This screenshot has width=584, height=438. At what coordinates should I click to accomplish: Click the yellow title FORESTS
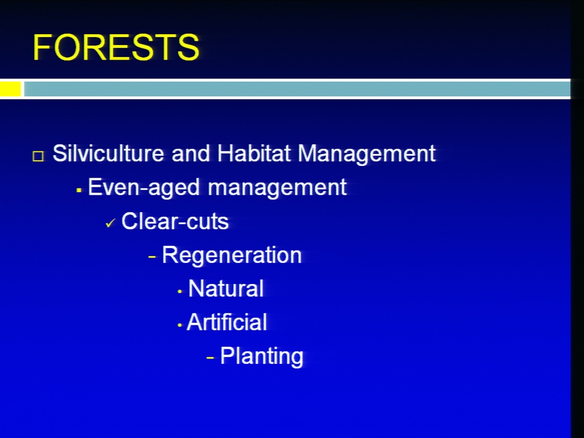pos(116,47)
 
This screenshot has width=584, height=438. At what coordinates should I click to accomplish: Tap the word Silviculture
pos(108,153)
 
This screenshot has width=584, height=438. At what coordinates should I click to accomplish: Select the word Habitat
pos(254,153)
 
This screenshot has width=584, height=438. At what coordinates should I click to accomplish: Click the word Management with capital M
pos(366,154)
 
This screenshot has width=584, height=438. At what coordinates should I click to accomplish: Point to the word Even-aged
pos(144,187)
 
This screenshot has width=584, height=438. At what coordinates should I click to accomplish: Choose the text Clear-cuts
pos(175,221)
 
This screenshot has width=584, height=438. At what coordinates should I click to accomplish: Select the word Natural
pos(226,288)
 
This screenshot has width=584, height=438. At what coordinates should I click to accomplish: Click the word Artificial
pos(227,322)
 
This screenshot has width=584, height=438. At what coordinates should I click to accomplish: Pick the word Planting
pos(262,356)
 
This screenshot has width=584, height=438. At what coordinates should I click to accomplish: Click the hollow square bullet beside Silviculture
pos(38,156)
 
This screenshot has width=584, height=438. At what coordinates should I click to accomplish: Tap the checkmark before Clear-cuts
pos(110,223)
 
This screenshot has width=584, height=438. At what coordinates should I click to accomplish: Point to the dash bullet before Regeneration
pos(152,257)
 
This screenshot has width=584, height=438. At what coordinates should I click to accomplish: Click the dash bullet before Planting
pos(210,358)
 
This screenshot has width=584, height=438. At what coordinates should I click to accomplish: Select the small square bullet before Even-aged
pos(78,190)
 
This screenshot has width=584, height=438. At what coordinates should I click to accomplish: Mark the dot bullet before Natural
pos(180,291)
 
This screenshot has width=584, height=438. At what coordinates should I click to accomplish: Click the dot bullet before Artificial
pos(179,325)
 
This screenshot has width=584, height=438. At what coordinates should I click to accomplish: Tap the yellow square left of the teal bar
pos(10,89)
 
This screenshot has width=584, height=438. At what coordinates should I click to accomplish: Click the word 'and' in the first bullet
pos(190,153)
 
